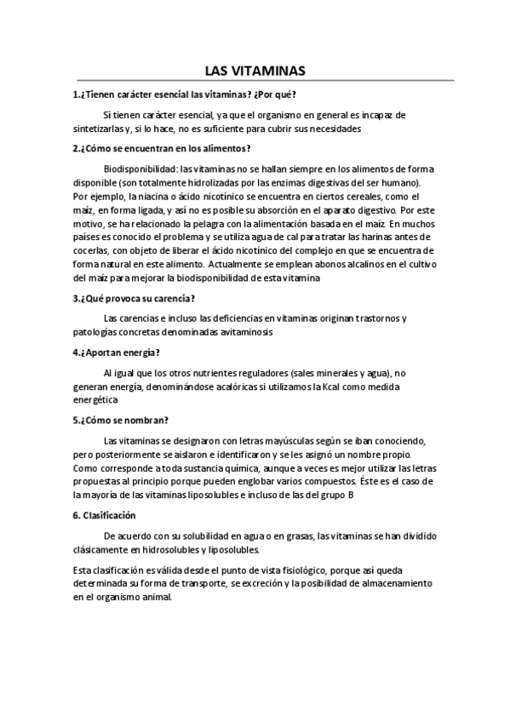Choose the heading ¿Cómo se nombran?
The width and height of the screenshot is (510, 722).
(x=121, y=420)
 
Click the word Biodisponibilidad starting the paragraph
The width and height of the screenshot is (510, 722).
(x=140, y=169)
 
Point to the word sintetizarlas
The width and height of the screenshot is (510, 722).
(x=99, y=129)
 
